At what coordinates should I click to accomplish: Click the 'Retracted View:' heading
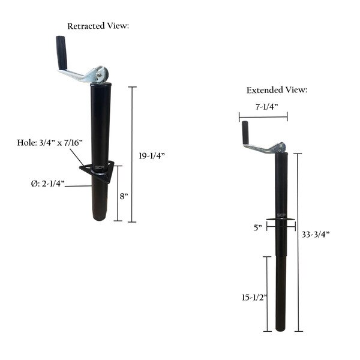(x=98, y=26)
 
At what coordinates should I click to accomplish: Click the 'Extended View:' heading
(x=277, y=90)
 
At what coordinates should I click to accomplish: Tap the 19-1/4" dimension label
(x=151, y=156)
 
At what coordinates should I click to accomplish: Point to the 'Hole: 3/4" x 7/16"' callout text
(x=51, y=143)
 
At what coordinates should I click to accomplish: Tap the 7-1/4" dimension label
(x=262, y=106)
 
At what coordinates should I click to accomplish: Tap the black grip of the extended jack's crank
(x=245, y=133)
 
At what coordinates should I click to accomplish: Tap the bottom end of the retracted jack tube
(x=101, y=218)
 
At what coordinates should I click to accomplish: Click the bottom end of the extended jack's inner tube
(x=281, y=329)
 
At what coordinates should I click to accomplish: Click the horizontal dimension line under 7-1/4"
(x=262, y=116)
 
